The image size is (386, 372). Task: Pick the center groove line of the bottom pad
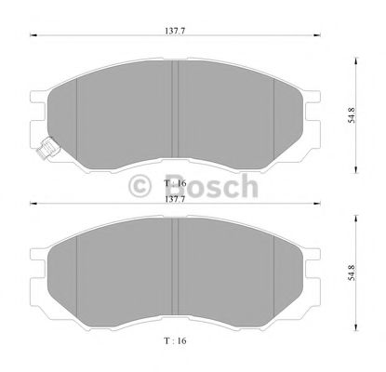(x=175, y=275)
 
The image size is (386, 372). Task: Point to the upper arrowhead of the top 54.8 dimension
(x=357, y=62)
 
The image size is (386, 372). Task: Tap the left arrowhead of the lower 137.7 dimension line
(x=33, y=206)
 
